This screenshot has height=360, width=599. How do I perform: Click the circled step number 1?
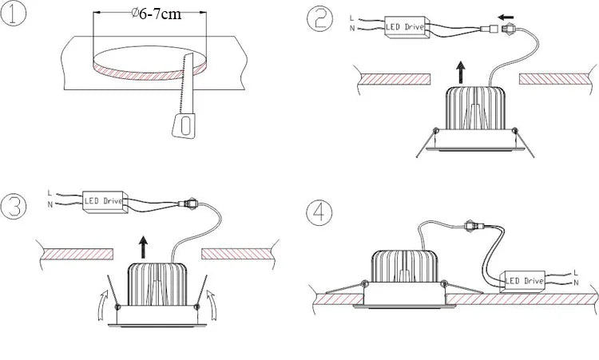[x=13, y=13]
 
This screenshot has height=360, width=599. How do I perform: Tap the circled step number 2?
[x=319, y=19]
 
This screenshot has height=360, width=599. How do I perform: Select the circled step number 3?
[x=14, y=206]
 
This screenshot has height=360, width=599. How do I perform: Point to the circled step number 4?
[x=319, y=212]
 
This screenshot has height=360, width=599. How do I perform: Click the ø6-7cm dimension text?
[x=156, y=14]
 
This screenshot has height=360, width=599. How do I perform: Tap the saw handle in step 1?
[x=184, y=125]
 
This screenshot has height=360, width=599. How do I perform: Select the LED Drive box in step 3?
[x=105, y=201]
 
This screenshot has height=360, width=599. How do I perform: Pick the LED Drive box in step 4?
[x=523, y=281]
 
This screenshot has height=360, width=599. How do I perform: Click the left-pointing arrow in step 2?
[x=506, y=18]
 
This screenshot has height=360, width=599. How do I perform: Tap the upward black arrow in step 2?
[x=462, y=73]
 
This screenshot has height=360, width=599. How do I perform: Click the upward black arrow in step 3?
[x=143, y=247]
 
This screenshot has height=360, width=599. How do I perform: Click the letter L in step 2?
[x=352, y=18]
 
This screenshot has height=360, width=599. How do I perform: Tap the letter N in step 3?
[x=50, y=204]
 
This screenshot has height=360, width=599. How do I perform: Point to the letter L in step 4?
[x=576, y=272]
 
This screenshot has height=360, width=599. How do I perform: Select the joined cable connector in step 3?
[x=188, y=204]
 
